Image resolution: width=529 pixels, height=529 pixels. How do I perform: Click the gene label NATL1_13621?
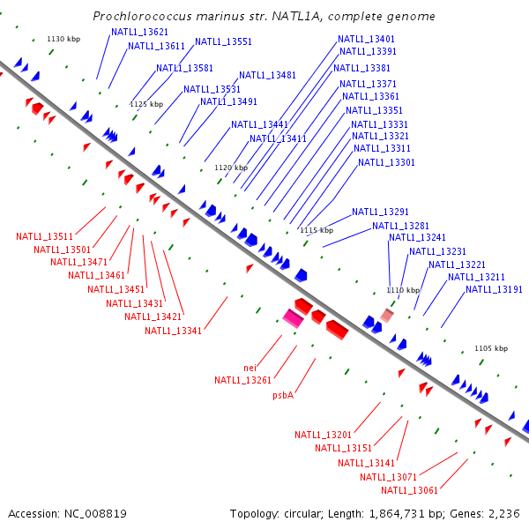(139, 32)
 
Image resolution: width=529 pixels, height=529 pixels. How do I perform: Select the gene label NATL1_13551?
(223, 41)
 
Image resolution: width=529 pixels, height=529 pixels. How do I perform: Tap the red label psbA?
(283, 395)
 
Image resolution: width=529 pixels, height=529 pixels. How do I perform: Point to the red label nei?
(250, 367)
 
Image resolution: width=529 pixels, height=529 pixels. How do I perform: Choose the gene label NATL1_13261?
(243, 380)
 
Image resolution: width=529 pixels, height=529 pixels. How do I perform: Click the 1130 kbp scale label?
(63, 39)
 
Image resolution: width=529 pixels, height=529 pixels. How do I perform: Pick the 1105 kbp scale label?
(491, 348)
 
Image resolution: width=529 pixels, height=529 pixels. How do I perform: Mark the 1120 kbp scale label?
(231, 168)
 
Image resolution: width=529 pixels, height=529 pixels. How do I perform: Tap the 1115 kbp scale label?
(317, 230)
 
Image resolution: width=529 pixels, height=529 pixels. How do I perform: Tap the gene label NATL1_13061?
(409, 490)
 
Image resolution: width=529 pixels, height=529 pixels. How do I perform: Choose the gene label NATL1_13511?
(44, 236)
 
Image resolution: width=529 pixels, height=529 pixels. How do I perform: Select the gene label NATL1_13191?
(494, 289)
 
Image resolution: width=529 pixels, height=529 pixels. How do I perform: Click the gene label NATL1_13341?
(173, 331)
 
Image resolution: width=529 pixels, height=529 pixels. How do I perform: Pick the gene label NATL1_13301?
(386, 161)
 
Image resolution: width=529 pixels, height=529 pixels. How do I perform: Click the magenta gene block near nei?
(293, 319)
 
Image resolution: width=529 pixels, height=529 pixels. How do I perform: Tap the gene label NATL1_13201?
(323, 435)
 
